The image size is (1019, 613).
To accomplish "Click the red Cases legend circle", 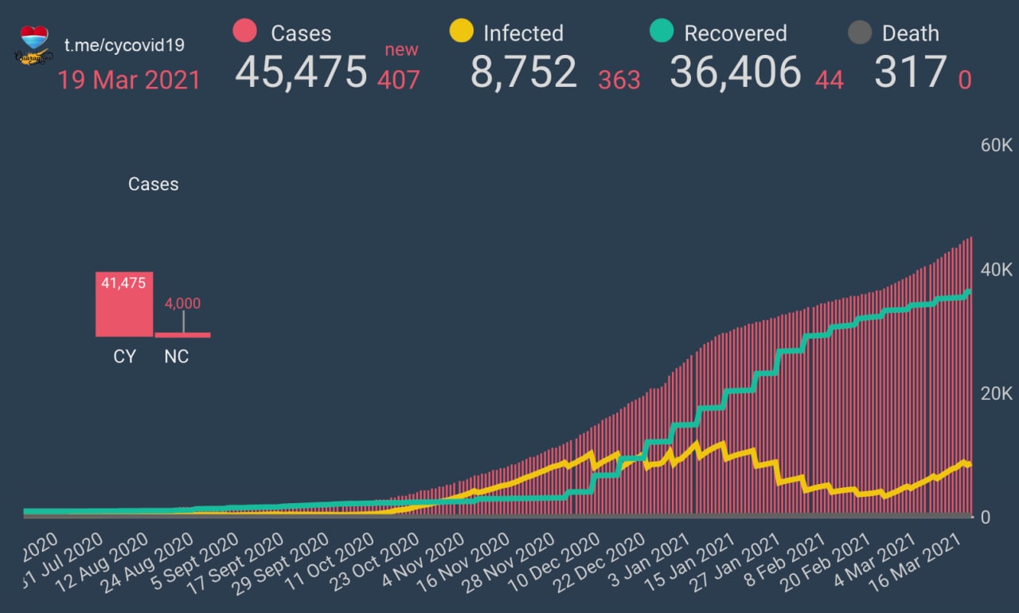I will pyautogui.click(x=245, y=32).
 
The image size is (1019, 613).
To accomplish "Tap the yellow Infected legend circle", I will pyautogui.click(x=461, y=32).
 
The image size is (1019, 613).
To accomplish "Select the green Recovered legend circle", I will pyautogui.click(x=662, y=32).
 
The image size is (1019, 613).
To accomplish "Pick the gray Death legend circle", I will pyautogui.click(x=859, y=33).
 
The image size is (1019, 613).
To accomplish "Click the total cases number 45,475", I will pyautogui.click(x=301, y=72).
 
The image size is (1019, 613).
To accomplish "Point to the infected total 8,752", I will pyautogui.click(x=523, y=72).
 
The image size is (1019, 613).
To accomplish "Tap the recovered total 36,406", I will pyautogui.click(x=735, y=72).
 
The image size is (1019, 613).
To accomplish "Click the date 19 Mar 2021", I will pyautogui.click(x=129, y=80).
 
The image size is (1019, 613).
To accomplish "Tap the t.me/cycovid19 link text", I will pyautogui.click(x=124, y=45).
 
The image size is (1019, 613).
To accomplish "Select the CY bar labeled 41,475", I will pyautogui.click(x=124, y=304).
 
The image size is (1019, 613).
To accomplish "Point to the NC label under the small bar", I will pyautogui.click(x=177, y=357).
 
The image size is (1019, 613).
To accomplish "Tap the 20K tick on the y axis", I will pyautogui.click(x=996, y=393).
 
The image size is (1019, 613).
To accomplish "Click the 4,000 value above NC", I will pyautogui.click(x=183, y=303).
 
